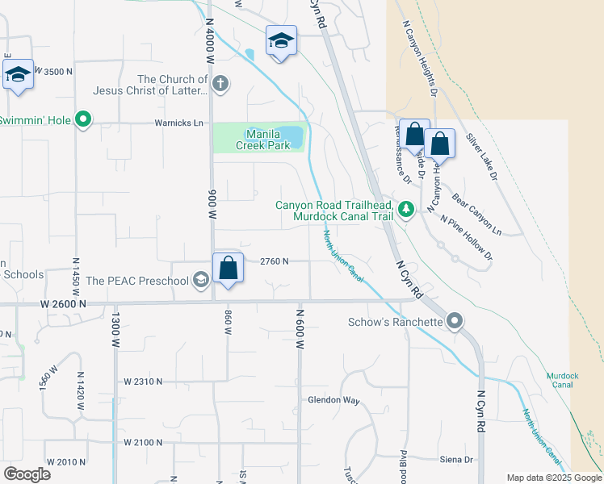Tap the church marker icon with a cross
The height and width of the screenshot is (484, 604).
coord(220,84)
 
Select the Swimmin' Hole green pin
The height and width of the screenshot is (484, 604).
coord(82,120)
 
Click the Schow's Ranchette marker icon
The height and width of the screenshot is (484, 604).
coord(455,322)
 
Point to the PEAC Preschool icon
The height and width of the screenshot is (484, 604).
coord(200,281)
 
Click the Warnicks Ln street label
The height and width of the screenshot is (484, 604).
coord(179,123)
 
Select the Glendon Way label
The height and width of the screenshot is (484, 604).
coord(333,400)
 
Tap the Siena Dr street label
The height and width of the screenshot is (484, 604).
coord(456,460)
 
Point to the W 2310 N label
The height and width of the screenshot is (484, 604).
coord(144,381)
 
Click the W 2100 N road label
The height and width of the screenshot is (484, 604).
coord(144,442)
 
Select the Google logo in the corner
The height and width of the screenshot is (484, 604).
coord(27,474)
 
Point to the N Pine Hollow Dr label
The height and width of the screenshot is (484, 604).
coord(465,236)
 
